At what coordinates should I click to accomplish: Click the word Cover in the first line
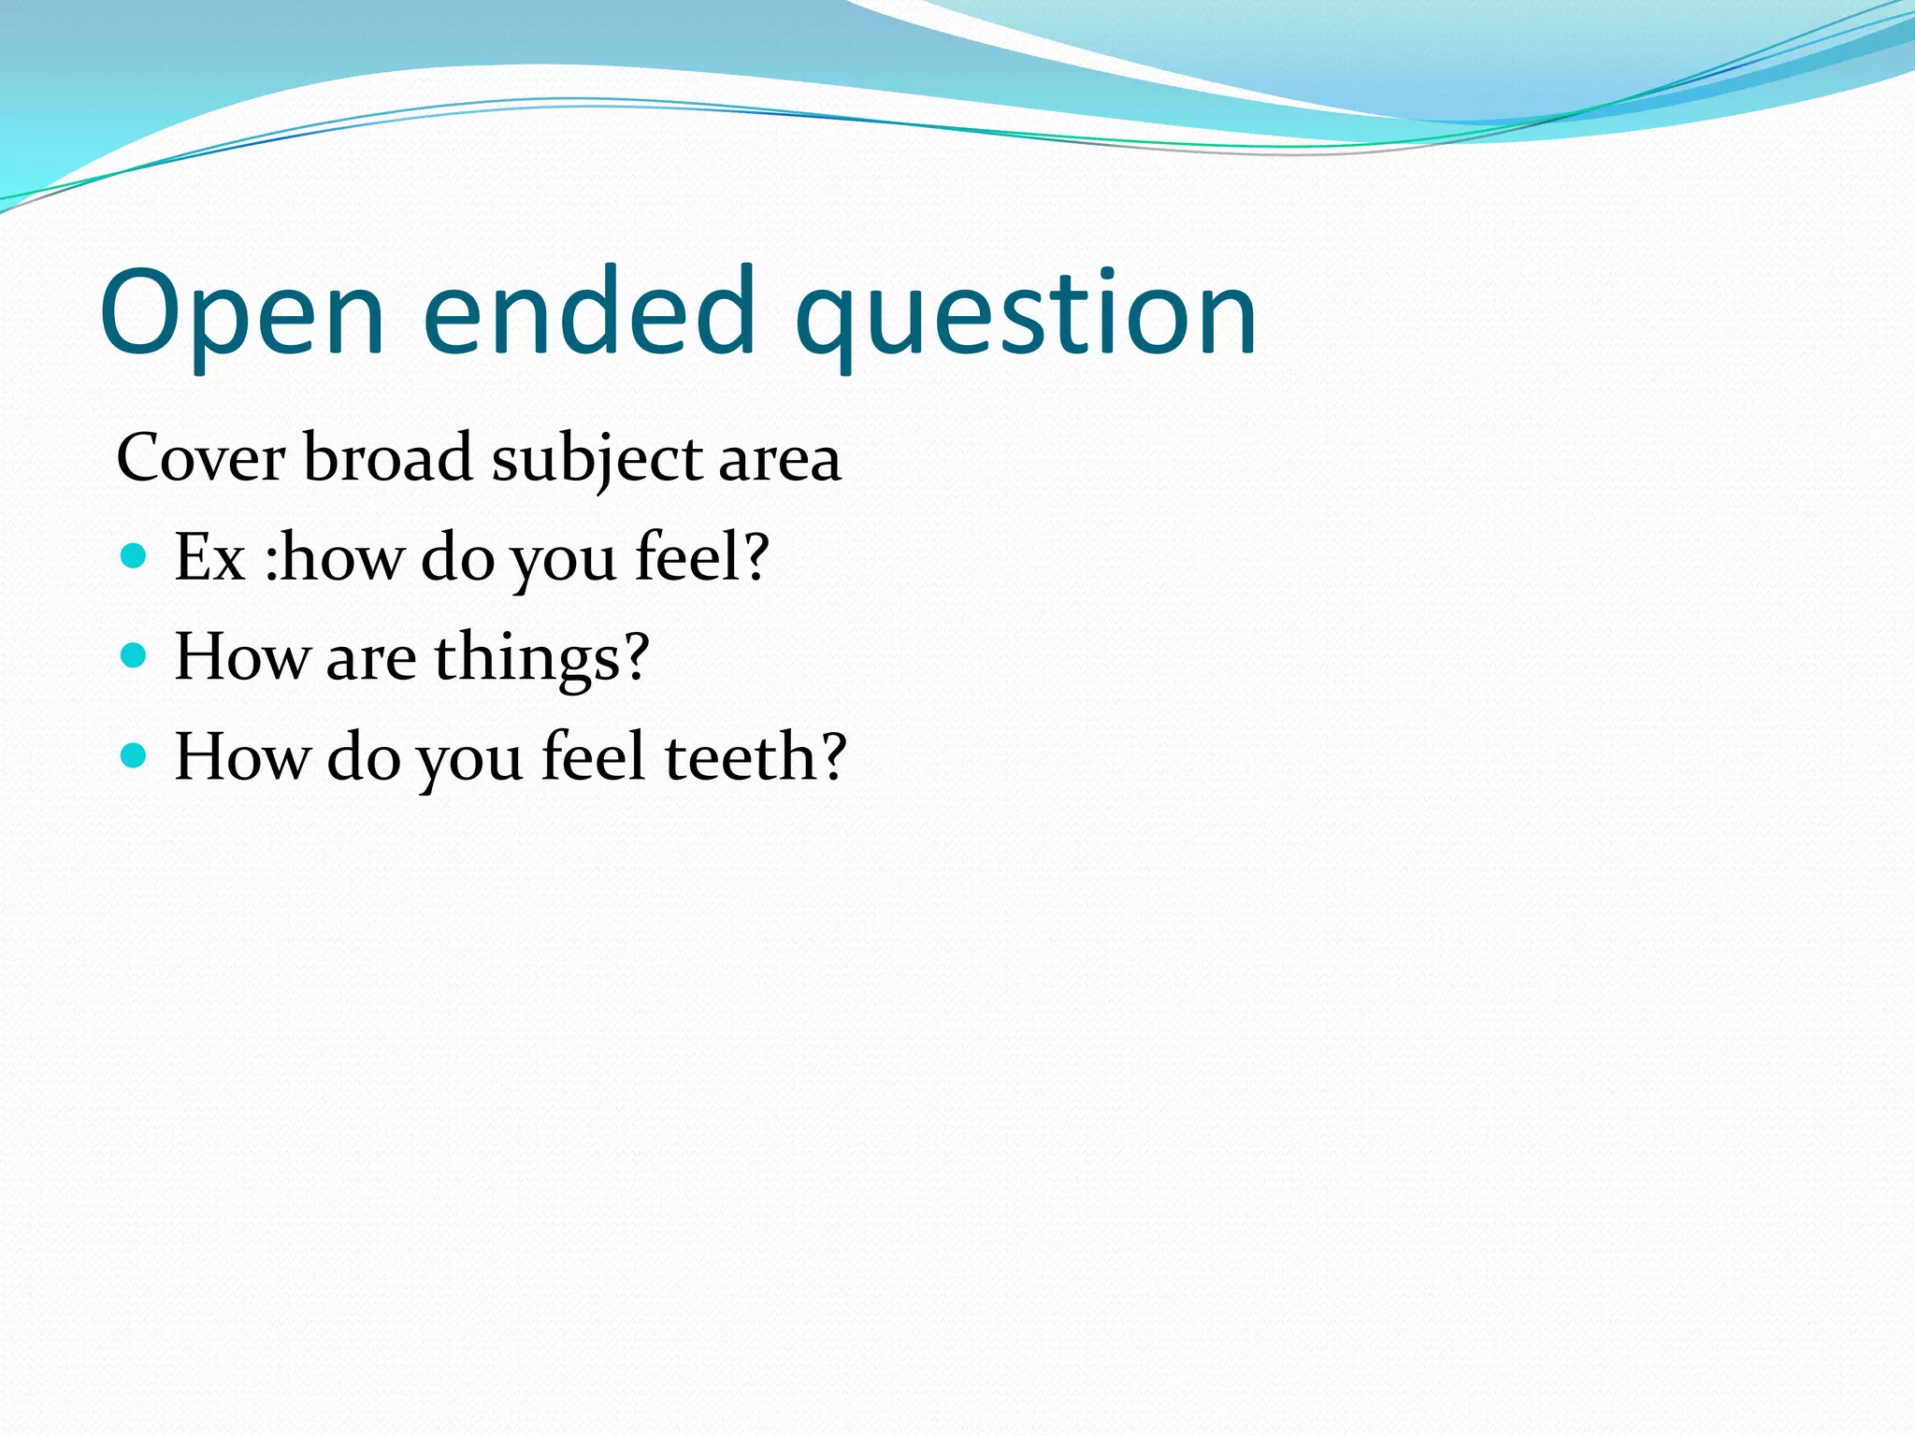(x=200, y=459)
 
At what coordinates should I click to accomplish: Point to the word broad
(x=387, y=459)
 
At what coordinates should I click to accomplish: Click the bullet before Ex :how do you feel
(x=135, y=557)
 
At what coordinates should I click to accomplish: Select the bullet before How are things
(x=135, y=655)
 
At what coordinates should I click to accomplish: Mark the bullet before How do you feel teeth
(x=135, y=754)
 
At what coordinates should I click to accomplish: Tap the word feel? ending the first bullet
(x=701, y=558)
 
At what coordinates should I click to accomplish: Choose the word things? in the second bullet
(x=541, y=658)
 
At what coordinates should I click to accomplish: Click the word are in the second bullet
(x=370, y=658)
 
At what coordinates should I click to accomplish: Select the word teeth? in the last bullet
(x=755, y=756)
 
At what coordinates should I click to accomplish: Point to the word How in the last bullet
(x=241, y=756)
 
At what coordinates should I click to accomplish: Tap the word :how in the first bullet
(x=334, y=558)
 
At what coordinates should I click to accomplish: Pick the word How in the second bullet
(x=241, y=657)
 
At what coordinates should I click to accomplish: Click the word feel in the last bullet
(x=593, y=756)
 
